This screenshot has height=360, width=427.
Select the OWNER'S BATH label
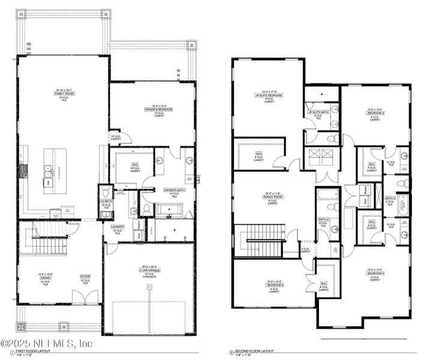174,191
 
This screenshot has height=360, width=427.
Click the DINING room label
44,277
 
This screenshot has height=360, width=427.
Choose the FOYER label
85,277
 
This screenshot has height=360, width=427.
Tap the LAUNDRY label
117,227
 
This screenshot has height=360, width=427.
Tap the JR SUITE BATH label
318,112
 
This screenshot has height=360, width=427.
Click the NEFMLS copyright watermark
47,343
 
